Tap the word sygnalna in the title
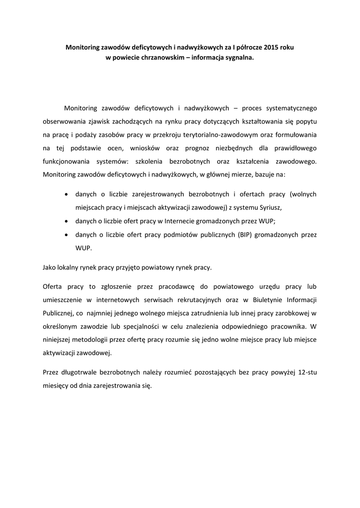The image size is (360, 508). tap(238, 57)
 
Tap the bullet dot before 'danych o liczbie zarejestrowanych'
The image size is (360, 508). tap(67, 194)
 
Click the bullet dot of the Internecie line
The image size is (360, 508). tap(67, 221)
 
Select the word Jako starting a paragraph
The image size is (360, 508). tap(51, 267)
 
